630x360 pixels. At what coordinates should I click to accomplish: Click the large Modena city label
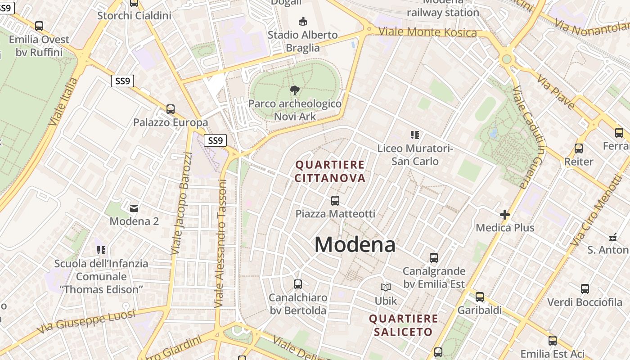[x=355, y=245]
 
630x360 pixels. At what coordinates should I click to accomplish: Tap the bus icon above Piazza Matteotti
[x=335, y=201]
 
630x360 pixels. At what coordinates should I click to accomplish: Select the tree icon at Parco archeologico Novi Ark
[x=295, y=90]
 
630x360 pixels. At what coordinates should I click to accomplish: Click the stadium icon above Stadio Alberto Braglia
[x=303, y=21]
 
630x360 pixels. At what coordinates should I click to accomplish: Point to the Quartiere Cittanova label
[x=330, y=171]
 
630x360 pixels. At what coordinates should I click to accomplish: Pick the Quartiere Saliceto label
[x=403, y=325]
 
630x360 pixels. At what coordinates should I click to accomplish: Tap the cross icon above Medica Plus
[x=505, y=215]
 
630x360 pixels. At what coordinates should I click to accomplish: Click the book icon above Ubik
[x=386, y=287]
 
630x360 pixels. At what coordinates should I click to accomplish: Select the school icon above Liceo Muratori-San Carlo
[x=414, y=135]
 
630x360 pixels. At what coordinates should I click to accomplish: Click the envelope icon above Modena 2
[x=134, y=208]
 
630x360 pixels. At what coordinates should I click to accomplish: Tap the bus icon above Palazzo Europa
[x=171, y=109]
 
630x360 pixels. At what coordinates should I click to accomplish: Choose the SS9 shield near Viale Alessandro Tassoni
[x=216, y=140]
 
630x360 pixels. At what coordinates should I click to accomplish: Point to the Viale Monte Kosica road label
[x=427, y=32]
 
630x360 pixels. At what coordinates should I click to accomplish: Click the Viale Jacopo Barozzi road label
[x=182, y=203]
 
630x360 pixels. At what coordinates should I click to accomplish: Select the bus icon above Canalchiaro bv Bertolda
[x=298, y=284]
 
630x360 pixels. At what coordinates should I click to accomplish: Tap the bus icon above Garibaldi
[x=480, y=297]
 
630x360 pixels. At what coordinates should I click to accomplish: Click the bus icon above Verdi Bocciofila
[x=585, y=289]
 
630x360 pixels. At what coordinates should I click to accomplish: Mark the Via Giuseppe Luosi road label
[x=85, y=321]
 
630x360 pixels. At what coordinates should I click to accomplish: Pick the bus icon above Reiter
[x=579, y=148]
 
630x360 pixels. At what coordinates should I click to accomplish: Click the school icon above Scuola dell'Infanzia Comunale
[x=101, y=250]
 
